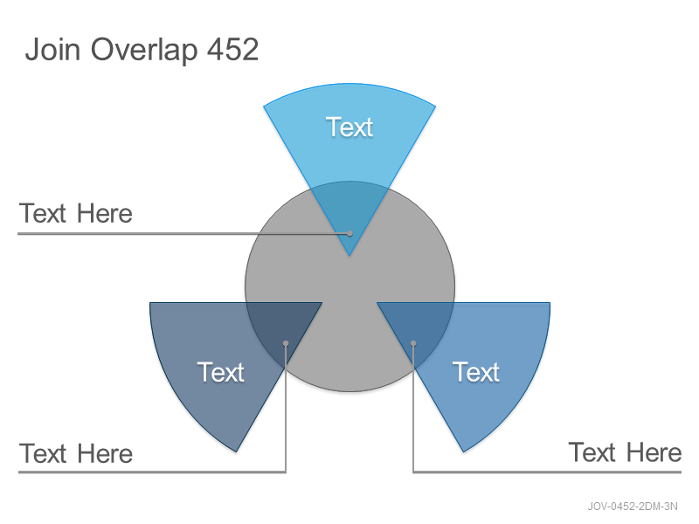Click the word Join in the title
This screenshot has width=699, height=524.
52,49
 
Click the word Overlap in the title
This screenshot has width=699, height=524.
144,51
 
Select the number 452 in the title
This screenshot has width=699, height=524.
232,49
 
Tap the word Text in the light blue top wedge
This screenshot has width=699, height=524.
349,127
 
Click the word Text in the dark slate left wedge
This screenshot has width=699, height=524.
221,372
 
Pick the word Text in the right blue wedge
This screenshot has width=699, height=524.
476,372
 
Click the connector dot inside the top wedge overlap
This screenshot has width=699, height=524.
350,233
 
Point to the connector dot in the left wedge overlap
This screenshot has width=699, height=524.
286,343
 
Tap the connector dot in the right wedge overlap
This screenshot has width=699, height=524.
413,343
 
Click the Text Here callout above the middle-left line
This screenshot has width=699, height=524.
76,213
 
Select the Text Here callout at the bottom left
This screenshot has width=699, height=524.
76,453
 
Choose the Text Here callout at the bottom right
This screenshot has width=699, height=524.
625,452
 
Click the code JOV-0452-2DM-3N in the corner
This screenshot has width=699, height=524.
633,507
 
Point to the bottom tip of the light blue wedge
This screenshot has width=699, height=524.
349,255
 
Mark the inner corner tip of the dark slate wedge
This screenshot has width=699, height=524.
322,303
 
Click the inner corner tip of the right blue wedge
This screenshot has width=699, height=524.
377,303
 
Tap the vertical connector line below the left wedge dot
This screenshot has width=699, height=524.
286,408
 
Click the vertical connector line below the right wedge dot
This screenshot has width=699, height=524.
413,408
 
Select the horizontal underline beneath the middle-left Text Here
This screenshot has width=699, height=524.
183,233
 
